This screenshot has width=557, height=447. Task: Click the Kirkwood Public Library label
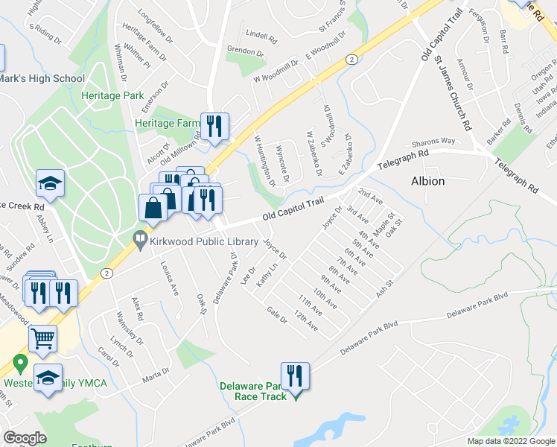[x=198, y=241]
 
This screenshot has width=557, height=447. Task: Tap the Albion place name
[x=428, y=181]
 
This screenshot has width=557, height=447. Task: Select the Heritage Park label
[x=112, y=97]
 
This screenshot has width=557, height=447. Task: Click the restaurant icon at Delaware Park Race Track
[x=295, y=375]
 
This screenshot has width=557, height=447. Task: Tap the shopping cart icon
[x=43, y=339]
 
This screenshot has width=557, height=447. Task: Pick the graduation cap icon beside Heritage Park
[x=51, y=184]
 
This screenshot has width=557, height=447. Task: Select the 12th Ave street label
[x=307, y=323]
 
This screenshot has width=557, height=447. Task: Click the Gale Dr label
[x=276, y=317]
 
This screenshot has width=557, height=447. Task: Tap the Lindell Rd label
[x=261, y=35]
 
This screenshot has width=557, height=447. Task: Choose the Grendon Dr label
[x=246, y=52]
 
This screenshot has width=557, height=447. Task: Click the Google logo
[x=25, y=438]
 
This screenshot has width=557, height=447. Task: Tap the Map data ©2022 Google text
[x=510, y=441]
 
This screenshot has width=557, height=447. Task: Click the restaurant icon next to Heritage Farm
[x=215, y=126]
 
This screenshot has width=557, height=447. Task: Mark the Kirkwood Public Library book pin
[x=139, y=240]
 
